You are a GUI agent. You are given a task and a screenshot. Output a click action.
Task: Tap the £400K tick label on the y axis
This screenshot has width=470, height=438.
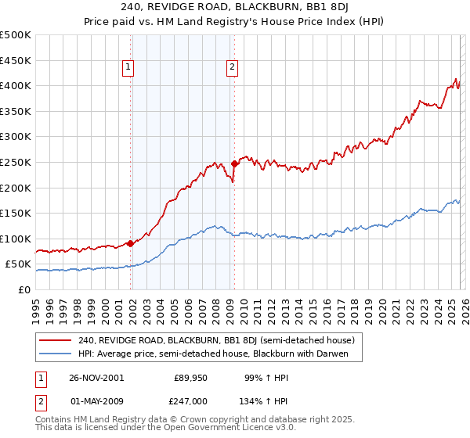pyautogui.click(x=16, y=86)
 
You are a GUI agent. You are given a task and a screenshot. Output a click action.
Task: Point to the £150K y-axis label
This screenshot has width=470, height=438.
pyautogui.click(x=16, y=213)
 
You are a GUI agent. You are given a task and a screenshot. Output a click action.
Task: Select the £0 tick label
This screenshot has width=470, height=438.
pyautogui.click(x=23, y=289)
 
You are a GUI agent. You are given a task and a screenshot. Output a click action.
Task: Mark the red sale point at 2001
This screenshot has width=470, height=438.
pyautogui.click(x=130, y=243)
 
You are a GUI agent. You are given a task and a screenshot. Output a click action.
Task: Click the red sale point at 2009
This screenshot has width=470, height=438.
pyautogui.click(x=234, y=164)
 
